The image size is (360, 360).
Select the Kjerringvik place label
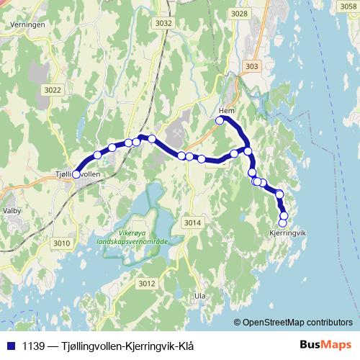[x=287, y=233]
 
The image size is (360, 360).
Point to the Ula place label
[x=200, y=296]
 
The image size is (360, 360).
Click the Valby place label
[x=12, y=210]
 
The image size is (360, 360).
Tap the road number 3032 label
[x=163, y=23]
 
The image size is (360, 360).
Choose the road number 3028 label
[x=240, y=14]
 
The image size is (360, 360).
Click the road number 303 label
[x=251, y=66]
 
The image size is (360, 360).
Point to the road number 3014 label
[x=192, y=222]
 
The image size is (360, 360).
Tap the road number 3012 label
[x=147, y=284]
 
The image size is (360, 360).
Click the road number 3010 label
[x=62, y=243]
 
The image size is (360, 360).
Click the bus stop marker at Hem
[x=220, y=120]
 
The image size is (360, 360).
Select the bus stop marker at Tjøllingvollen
[x=76, y=174]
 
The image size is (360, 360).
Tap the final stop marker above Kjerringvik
[x=282, y=222]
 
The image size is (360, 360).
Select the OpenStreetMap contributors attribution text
[x=295, y=322]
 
